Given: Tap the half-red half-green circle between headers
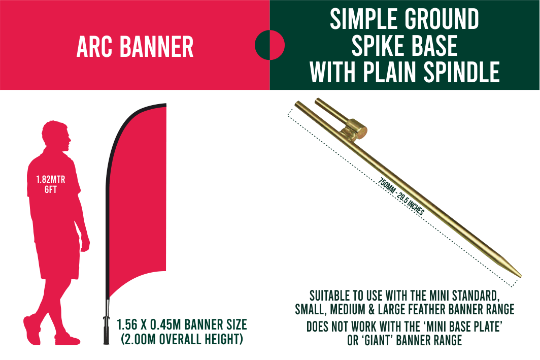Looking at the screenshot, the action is (x=269, y=45).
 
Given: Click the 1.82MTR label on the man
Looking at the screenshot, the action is (x=51, y=179).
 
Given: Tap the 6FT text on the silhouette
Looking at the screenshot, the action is (x=51, y=189).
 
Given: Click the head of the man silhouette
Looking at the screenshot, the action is (x=56, y=136).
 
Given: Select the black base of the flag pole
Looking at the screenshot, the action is (x=106, y=330).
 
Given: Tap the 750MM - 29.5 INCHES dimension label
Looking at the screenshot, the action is (x=401, y=197).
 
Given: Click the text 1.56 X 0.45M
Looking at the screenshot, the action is (x=150, y=324).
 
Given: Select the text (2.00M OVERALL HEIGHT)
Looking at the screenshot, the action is (x=182, y=339).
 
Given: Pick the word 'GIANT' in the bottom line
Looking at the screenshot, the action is (x=377, y=340).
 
